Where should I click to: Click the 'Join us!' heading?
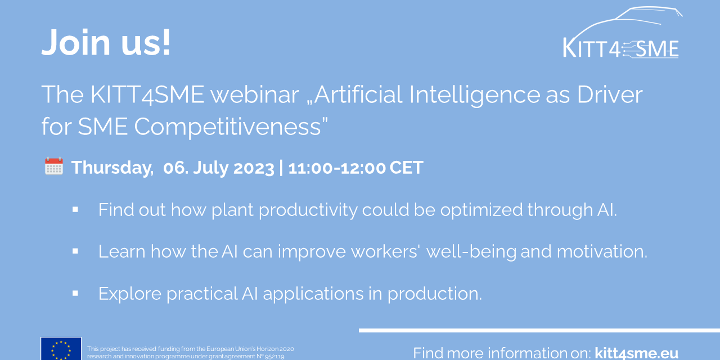coord(106,42)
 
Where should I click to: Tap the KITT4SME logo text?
coord(620,49)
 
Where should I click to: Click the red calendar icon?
coord(54,166)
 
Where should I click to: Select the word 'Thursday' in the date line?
coord(112,168)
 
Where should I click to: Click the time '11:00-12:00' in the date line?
coord(337,168)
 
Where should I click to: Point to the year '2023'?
coord(254,168)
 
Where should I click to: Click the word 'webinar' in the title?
coord(255,94)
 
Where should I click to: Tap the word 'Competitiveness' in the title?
coord(227,127)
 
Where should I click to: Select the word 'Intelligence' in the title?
coord(474,96)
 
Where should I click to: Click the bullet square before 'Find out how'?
coord(75,210)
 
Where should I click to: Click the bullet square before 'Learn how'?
coord(75,251)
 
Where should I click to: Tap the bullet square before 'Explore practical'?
coord(75,293)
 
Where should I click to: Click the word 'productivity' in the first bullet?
coord(308,211)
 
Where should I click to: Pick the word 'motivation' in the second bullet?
coord(602,251)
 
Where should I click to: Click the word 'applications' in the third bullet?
coord(313,294)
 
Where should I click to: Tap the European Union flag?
coord(61,348)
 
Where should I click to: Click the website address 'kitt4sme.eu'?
coord(636,353)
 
